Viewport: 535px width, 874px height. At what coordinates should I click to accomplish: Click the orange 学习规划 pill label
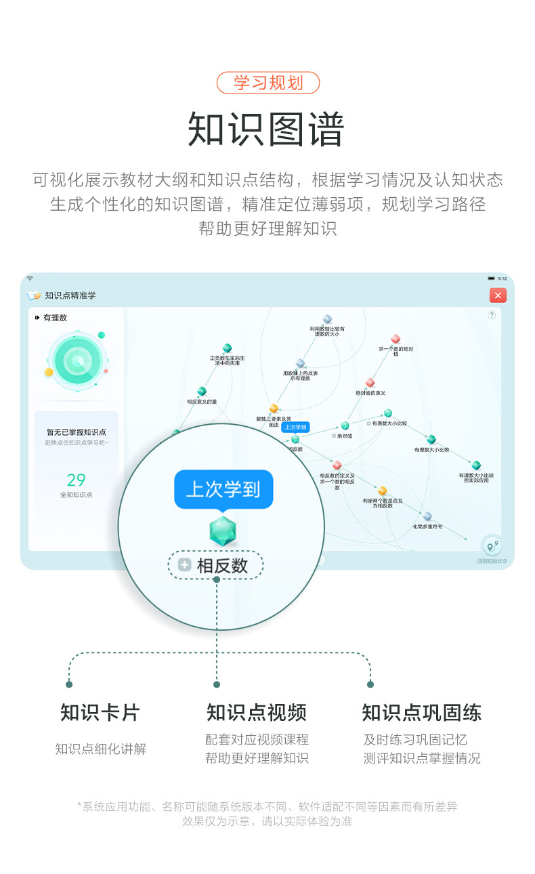267,83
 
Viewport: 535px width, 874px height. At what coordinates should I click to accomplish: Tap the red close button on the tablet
498,295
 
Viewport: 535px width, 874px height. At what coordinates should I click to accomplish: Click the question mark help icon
492,315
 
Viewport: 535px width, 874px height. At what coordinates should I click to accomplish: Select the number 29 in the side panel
76,480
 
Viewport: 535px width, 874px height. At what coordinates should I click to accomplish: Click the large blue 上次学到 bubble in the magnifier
223,489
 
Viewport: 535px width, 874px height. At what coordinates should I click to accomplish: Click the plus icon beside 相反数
184,565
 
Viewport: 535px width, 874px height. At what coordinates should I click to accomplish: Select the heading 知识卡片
100,712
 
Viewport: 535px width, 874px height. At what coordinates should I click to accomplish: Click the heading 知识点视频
257,712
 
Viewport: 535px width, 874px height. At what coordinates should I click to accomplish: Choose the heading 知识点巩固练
421,712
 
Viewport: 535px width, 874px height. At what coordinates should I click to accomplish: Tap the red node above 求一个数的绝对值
395,339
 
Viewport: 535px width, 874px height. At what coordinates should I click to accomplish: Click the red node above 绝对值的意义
370,383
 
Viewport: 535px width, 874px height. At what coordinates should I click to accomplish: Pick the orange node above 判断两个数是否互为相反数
382,491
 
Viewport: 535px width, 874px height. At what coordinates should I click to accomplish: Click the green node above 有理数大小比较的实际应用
476,465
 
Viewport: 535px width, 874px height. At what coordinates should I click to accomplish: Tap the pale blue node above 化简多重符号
427,516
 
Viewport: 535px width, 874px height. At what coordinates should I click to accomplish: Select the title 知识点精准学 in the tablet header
70,295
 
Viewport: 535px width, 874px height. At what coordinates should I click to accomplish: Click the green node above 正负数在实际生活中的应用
228,348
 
